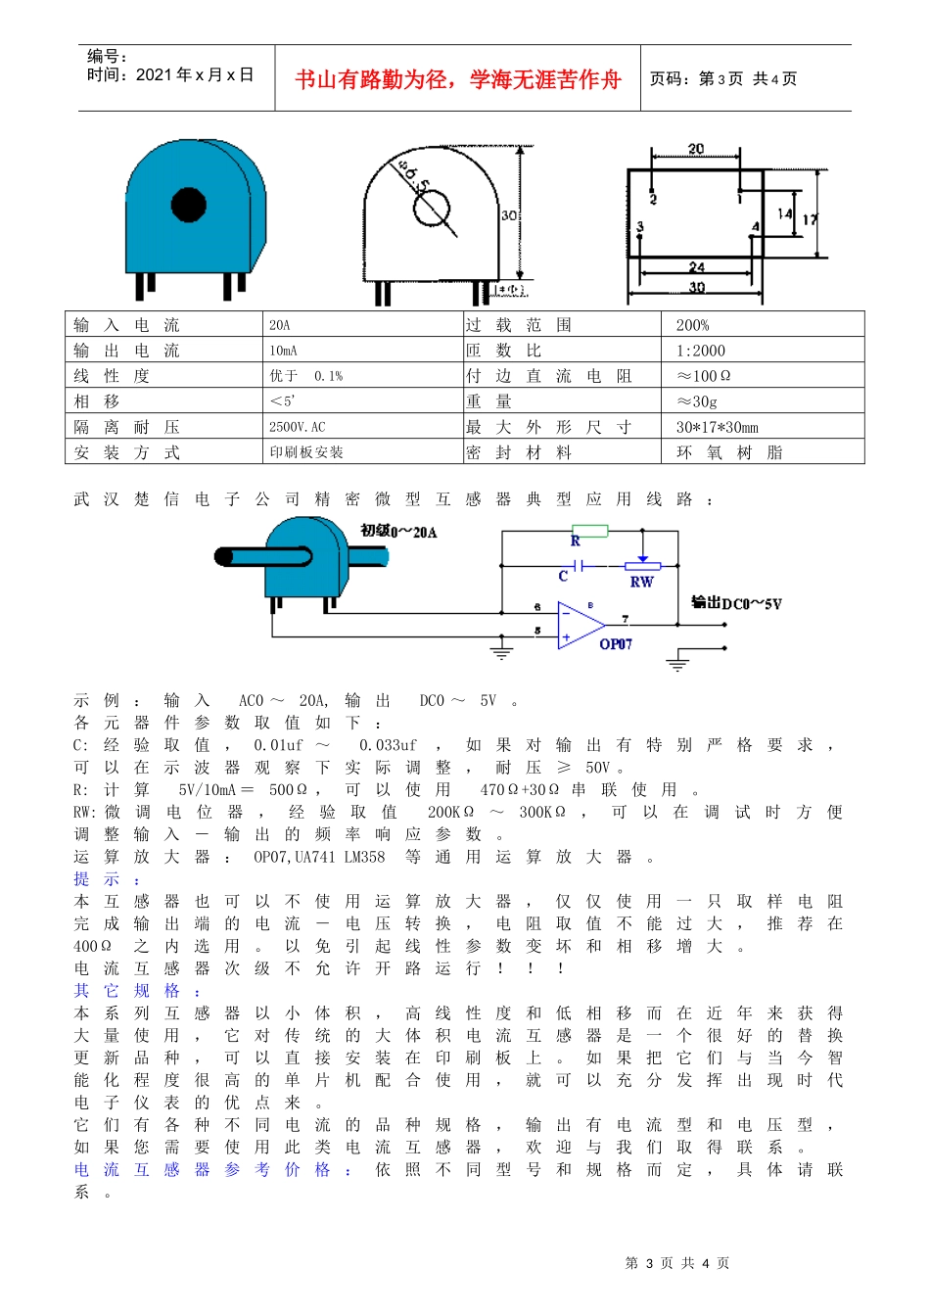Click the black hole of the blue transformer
(x=189, y=205)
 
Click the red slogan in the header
(x=458, y=79)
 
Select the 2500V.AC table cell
(x=298, y=427)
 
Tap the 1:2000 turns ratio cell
(x=701, y=351)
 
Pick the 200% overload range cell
(x=693, y=325)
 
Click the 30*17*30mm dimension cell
(x=718, y=427)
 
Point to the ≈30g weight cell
(x=697, y=401)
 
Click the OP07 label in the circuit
(x=616, y=644)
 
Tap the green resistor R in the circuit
(x=589, y=531)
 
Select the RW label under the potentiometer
(x=641, y=582)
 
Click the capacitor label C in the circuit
(x=563, y=577)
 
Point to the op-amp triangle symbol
(x=581, y=625)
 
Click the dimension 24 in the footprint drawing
(x=696, y=266)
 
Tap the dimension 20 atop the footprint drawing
(x=696, y=149)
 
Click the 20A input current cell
(x=280, y=325)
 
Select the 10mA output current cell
(x=284, y=351)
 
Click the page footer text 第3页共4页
(x=677, y=1263)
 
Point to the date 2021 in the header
(x=155, y=74)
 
